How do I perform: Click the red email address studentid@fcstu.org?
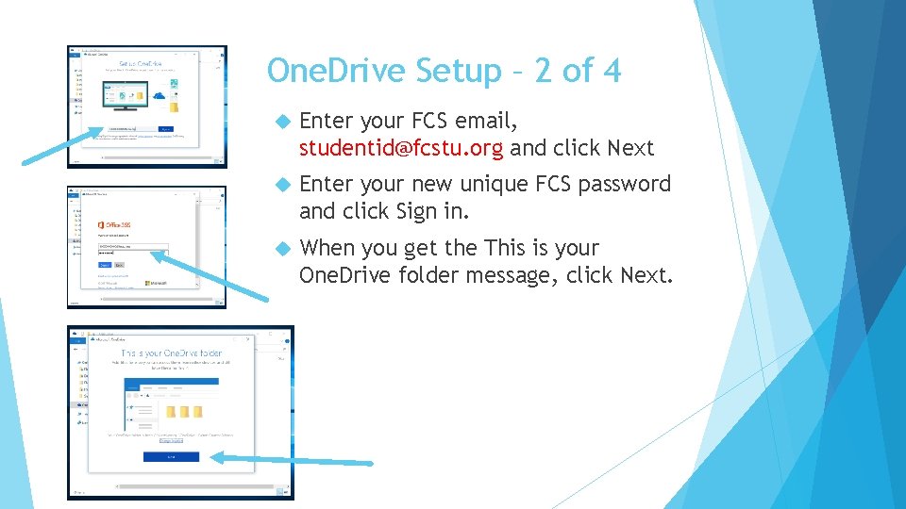401,148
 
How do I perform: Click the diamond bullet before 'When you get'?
279,249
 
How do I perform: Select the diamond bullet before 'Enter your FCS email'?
279,122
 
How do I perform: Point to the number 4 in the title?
610,71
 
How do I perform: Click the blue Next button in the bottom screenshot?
171,456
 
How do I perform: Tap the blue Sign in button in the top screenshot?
165,129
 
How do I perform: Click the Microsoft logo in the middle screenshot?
157,282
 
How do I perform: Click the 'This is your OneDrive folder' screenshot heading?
171,352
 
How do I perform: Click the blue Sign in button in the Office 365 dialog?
105,265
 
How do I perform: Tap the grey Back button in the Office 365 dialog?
119,265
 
